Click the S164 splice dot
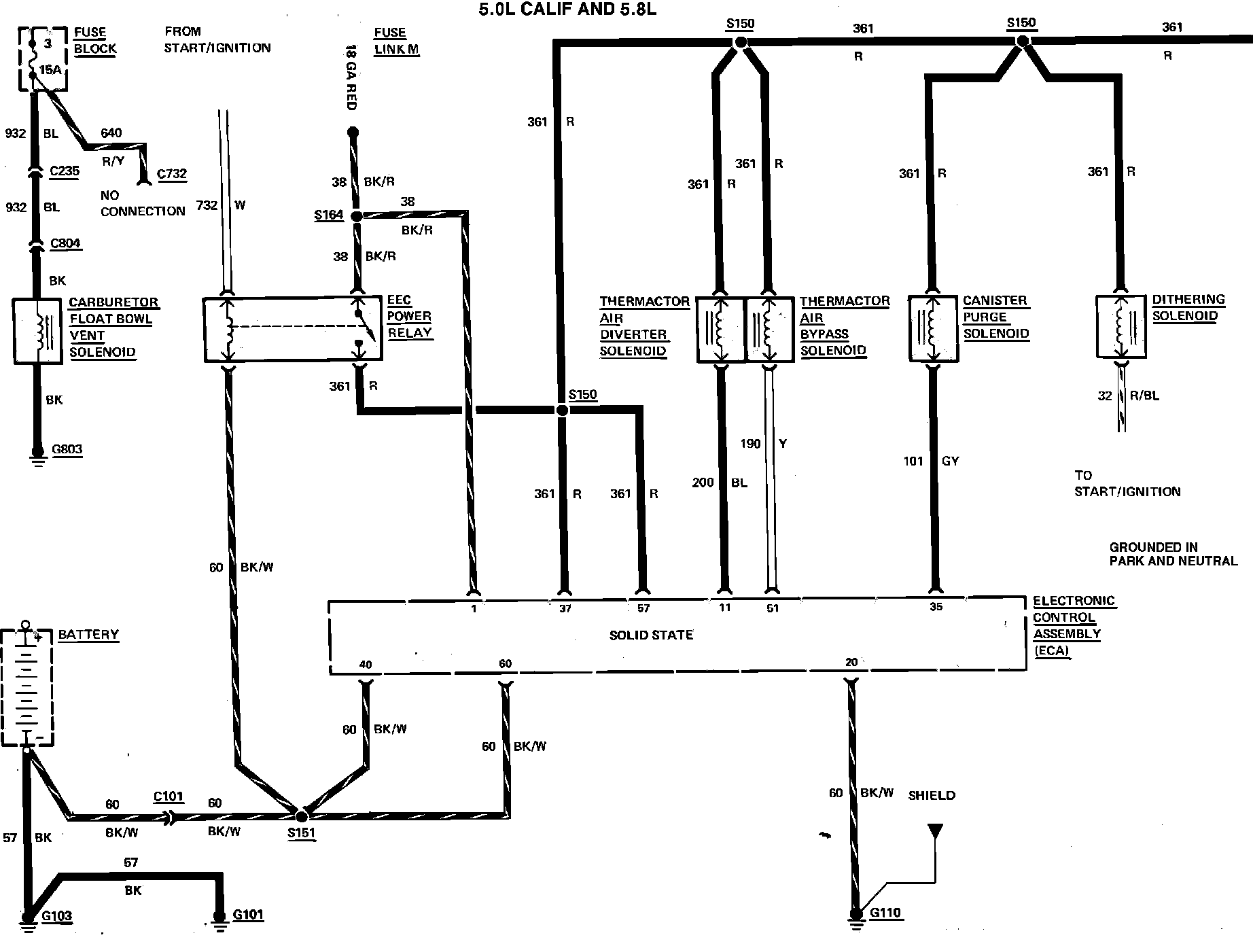(x=356, y=216)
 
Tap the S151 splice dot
(x=302, y=813)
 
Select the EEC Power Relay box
(x=293, y=329)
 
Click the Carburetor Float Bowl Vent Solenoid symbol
(x=39, y=331)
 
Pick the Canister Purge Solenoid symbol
(x=934, y=328)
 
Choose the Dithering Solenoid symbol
(x=1122, y=327)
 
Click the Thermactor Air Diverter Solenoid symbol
(x=721, y=330)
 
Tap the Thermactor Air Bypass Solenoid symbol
(x=769, y=330)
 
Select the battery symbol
(x=27, y=686)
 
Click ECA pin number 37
(x=565, y=609)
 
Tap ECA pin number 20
(x=851, y=662)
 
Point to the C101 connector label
(x=169, y=796)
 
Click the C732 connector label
(x=171, y=174)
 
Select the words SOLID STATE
(x=651, y=635)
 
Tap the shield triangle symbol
(x=936, y=830)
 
